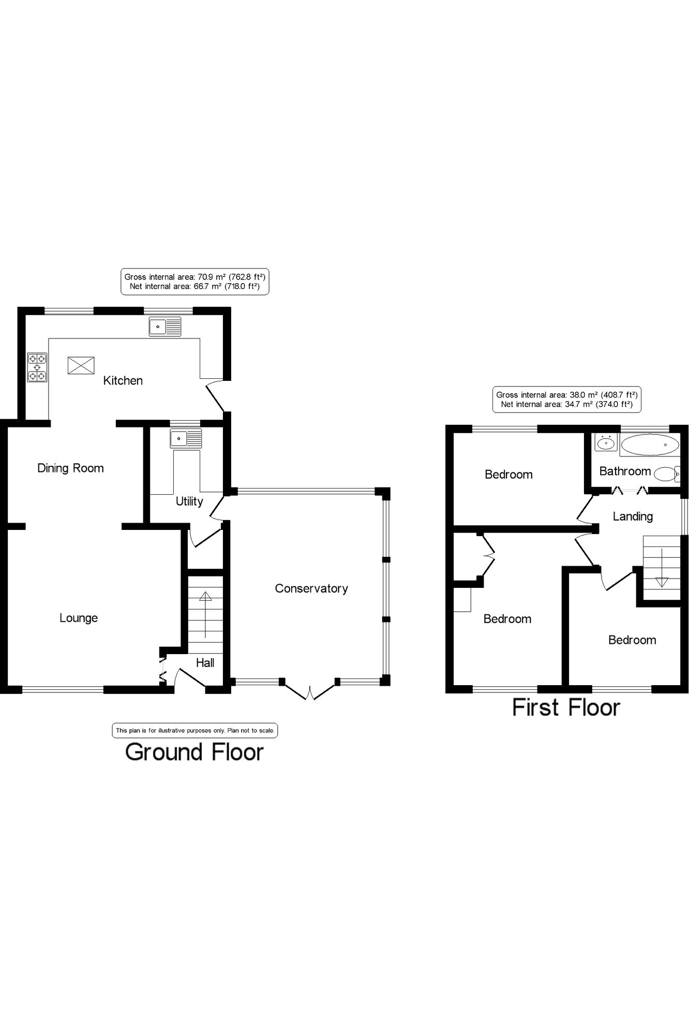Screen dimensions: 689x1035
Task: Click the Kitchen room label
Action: click(123, 381)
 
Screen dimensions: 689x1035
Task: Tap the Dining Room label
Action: click(70, 468)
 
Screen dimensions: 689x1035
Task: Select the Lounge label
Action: click(79, 618)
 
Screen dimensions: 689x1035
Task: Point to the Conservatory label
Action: click(311, 588)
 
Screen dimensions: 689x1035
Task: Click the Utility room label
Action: click(189, 501)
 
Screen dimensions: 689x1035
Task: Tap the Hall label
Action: click(205, 663)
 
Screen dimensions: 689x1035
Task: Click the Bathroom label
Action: click(625, 471)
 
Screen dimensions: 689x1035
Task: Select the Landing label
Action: click(633, 516)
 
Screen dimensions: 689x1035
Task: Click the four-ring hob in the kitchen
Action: click(37, 367)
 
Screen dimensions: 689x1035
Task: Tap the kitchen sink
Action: click(165, 327)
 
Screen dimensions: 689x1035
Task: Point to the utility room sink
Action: click(186, 439)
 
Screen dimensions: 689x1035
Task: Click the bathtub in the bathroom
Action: click(649, 445)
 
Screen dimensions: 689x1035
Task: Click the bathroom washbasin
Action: click(606, 443)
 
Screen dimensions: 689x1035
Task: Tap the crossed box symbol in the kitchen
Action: click(81, 365)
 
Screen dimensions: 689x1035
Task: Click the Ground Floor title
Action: click(194, 752)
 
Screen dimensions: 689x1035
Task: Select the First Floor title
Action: click(566, 707)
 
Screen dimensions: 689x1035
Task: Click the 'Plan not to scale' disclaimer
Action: click(194, 731)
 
